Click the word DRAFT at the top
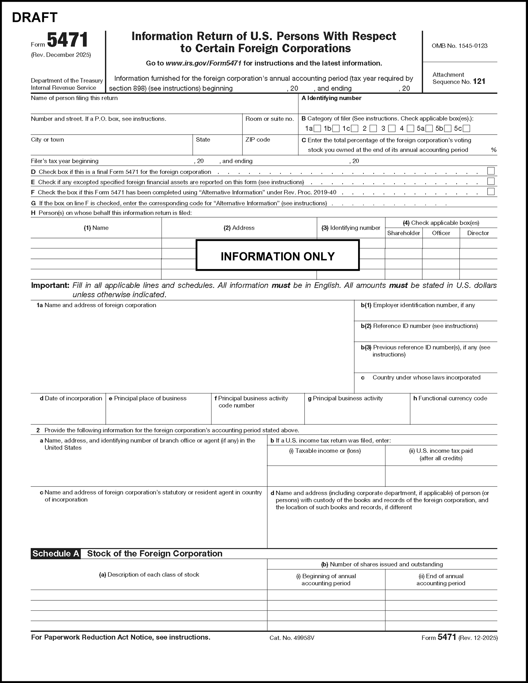[x=34, y=18]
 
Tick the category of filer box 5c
[x=466, y=129]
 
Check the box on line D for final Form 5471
[x=491, y=171]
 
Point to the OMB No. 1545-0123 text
[x=459, y=46]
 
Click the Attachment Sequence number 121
[x=479, y=82]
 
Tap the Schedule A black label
[x=56, y=554]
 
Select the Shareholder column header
[x=403, y=233]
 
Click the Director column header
[x=478, y=233]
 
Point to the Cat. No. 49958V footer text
[x=292, y=638]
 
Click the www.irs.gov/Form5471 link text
[x=203, y=63]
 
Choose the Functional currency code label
[x=452, y=398]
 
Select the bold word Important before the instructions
[x=50, y=285]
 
